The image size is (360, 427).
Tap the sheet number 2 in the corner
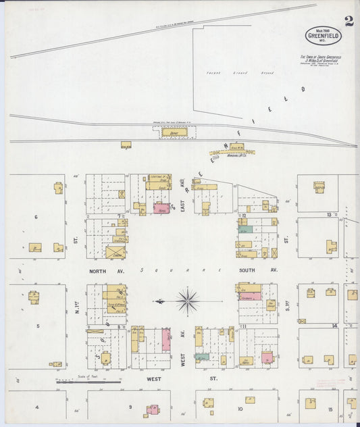click(349, 21)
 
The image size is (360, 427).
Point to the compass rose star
click(187, 300)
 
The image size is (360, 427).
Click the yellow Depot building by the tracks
click(174, 132)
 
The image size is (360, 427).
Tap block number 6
click(36, 217)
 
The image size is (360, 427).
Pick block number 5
click(38, 326)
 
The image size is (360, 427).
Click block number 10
click(239, 409)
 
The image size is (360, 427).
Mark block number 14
click(334, 326)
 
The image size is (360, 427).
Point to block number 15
click(330, 410)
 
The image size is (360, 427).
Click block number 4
click(37, 407)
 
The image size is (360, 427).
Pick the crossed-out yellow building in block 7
click(115, 252)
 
